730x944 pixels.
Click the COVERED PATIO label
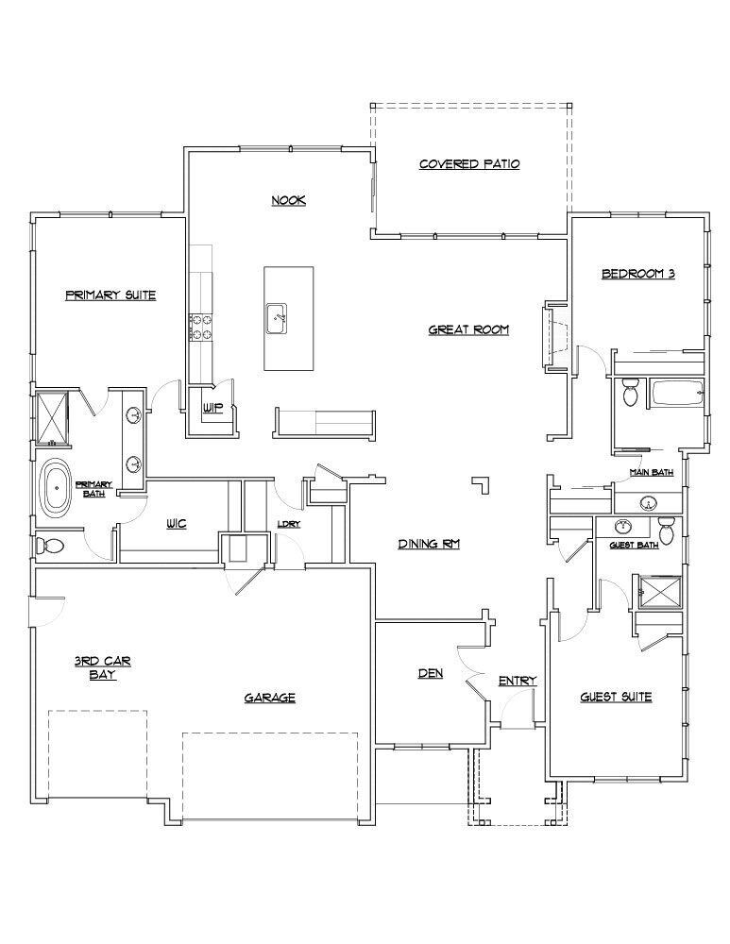click(x=469, y=164)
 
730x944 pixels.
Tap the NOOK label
click(x=289, y=200)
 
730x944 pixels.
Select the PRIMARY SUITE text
click(x=110, y=295)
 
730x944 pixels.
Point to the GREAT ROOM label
click(x=468, y=329)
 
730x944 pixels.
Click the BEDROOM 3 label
click(x=638, y=275)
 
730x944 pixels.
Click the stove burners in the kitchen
click(x=201, y=327)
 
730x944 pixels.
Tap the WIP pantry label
click(x=212, y=409)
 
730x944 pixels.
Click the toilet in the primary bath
click(x=51, y=546)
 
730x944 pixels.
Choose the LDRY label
click(x=289, y=524)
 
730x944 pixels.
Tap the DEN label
click(x=431, y=674)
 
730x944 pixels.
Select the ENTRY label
click(x=517, y=681)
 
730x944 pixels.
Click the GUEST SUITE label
click(x=615, y=697)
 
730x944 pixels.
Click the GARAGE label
click(x=270, y=698)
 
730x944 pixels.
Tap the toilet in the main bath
click(x=631, y=393)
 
